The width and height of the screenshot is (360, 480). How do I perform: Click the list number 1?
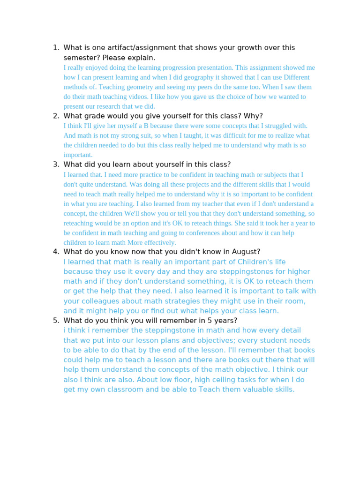coord(55,48)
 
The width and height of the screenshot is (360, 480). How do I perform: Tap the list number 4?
coord(55,252)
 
